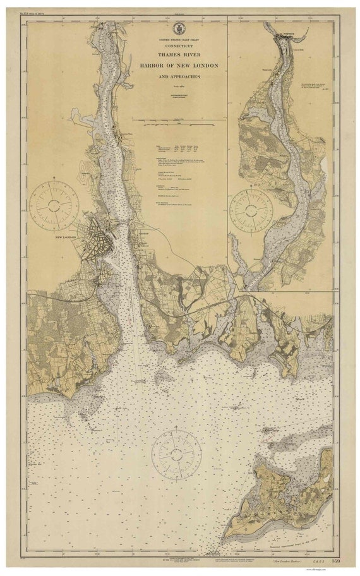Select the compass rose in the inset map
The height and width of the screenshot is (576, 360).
pos(251,209)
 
